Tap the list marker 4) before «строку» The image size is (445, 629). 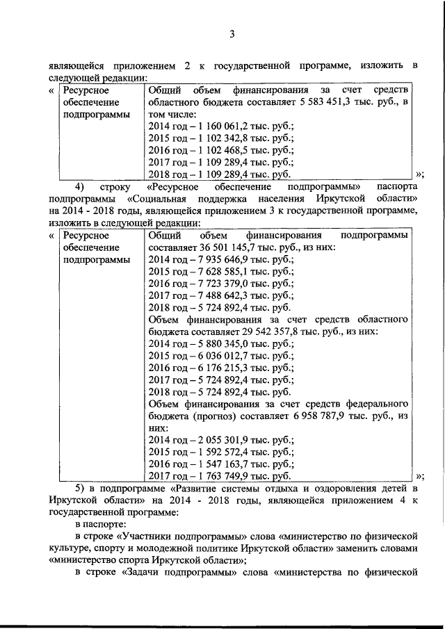(x=79, y=187)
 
